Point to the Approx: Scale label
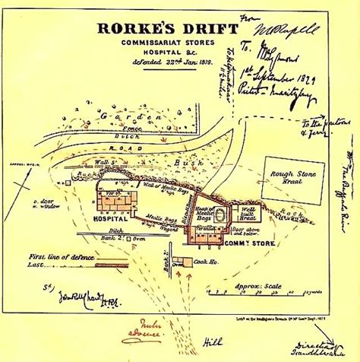258,286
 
